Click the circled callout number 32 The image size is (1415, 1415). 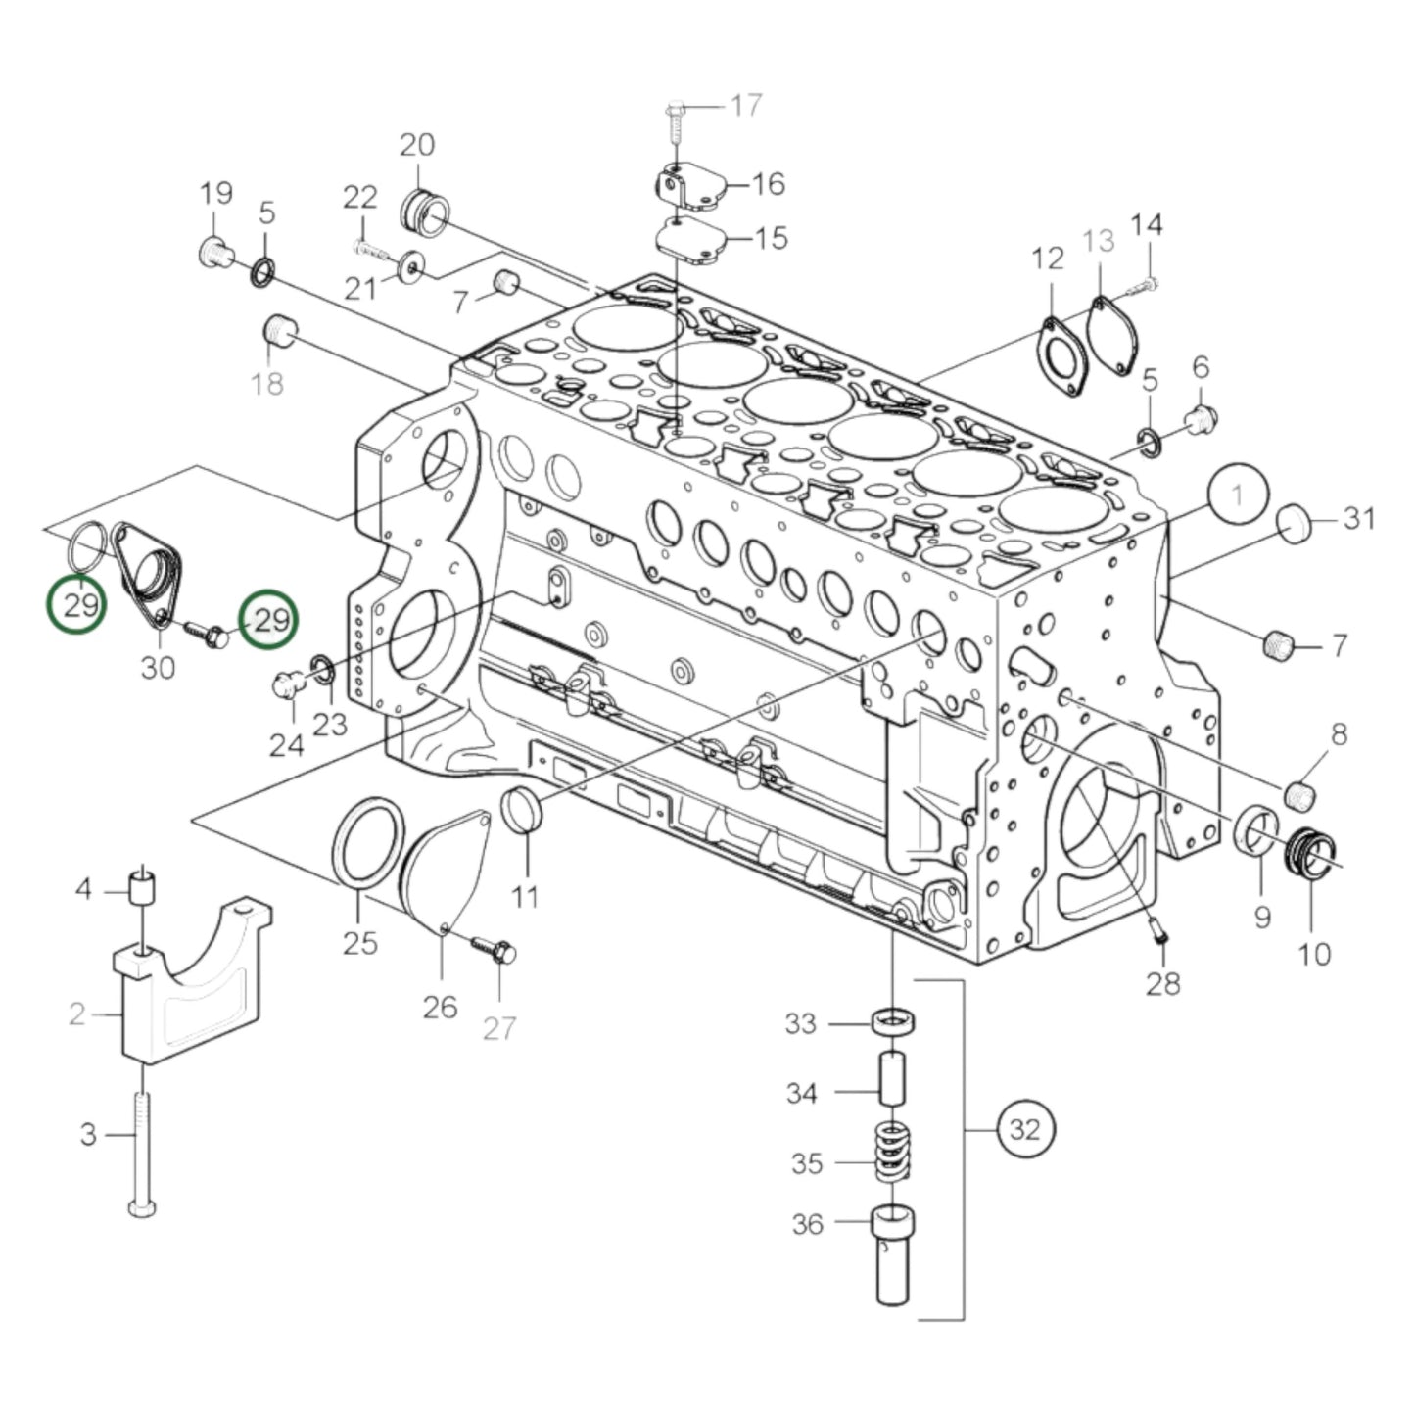(x=1024, y=1130)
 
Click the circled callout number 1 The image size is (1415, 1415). (x=1237, y=495)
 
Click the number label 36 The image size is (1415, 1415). (x=807, y=1224)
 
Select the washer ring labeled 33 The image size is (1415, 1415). (x=894, y=1021)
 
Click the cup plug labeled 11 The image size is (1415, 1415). (x=521, y=809)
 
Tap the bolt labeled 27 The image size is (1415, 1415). (x=495, y=950)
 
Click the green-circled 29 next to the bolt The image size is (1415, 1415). (x=269, y=620)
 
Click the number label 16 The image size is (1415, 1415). (x=769, y=183)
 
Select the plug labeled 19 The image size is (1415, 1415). (x=213, y=253)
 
